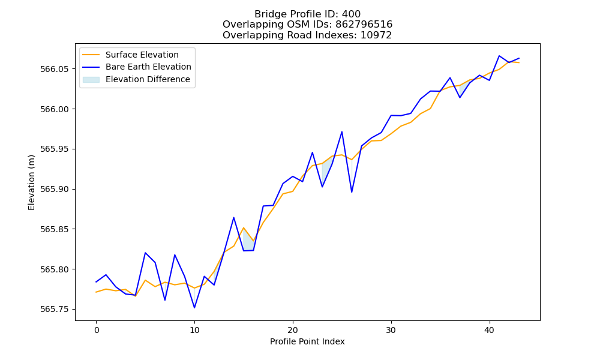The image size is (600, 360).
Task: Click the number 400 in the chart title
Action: pos(351,14)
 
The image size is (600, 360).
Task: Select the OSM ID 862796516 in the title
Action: pos(364,25)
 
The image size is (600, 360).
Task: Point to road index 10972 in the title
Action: pos(376,35)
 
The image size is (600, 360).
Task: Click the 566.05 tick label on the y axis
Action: pos(55,69)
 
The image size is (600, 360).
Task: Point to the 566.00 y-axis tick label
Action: pos(55,109)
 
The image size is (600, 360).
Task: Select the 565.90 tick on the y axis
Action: pos(55,189)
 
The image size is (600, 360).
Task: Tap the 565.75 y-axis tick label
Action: pos(55,309)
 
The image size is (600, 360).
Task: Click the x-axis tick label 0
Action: pos(96,330)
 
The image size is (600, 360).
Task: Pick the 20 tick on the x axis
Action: pos(293,330)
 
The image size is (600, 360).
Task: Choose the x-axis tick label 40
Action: pos(490,330)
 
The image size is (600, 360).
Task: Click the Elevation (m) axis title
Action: pos(31,182)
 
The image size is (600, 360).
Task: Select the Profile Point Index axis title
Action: pos(307,341)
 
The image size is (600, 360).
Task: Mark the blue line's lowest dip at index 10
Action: pos(194,308)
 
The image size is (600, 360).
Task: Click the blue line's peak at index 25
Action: pos(342,132)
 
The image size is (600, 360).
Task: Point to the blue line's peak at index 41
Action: pos(499,56)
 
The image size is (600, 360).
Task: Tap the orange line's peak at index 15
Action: pos(244,227)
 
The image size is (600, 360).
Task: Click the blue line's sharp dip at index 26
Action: pos(352,191)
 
